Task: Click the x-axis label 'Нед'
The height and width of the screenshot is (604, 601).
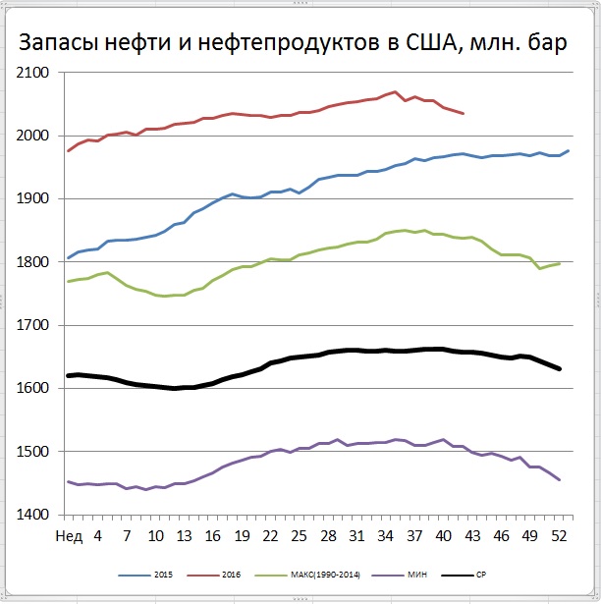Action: point(68,535)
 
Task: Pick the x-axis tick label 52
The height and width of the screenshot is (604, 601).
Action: point(559,535)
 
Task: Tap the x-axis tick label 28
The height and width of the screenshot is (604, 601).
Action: point(328,535)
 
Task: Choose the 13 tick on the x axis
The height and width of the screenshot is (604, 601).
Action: point(184,535)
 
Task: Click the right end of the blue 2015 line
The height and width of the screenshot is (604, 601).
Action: point(569,151)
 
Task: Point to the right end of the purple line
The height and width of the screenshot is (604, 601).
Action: point(560,480)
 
